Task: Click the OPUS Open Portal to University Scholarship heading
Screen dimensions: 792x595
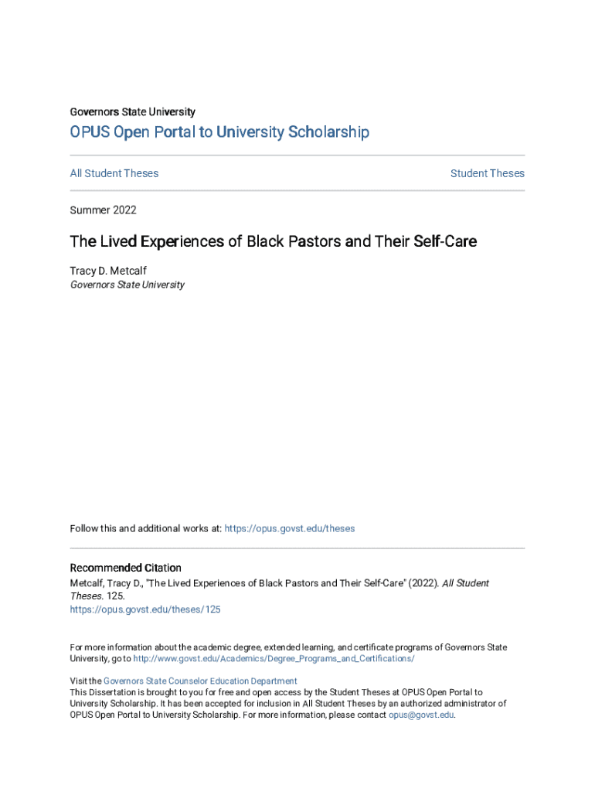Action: (219, 132)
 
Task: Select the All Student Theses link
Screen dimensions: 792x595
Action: (114, 173)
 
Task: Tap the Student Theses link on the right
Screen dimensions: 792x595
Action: (487, 173)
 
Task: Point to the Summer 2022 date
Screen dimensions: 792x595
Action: (103, 210)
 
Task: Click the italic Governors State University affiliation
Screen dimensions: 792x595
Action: (127, 285)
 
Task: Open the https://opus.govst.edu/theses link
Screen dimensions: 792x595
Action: (291, 529)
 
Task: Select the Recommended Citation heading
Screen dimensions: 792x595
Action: (126, 568)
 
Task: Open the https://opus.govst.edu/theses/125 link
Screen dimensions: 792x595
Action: (145, 609)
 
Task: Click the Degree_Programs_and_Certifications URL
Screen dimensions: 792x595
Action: (274, 659)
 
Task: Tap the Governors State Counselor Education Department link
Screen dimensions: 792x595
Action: (200, 681)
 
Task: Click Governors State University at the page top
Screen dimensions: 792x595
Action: (133, 112)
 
